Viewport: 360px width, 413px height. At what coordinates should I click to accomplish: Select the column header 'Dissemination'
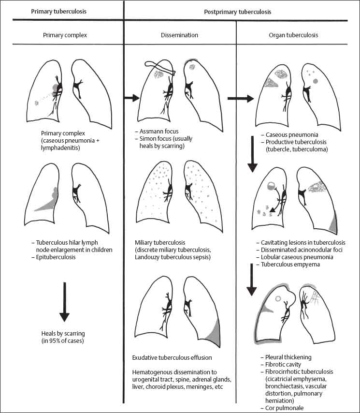coord(179,35)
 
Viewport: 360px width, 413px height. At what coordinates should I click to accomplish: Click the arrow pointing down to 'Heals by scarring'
coord(64,302)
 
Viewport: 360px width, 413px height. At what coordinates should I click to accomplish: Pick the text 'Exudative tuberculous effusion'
coord(172,358)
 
